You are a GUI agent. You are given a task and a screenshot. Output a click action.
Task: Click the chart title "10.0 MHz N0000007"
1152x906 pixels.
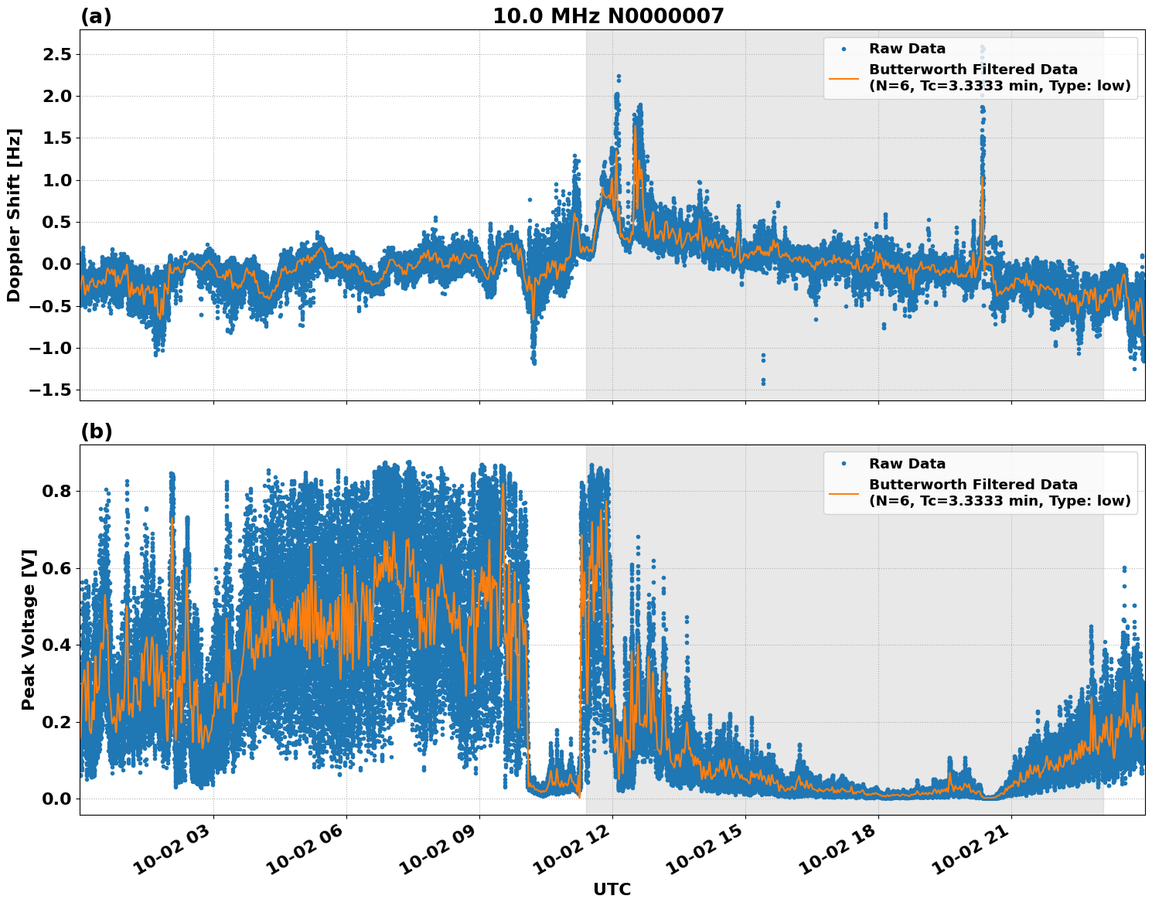point(608,16)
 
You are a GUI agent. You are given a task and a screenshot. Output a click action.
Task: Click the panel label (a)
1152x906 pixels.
point(96,16)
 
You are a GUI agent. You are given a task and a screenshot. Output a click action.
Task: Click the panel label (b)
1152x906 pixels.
point(97,431)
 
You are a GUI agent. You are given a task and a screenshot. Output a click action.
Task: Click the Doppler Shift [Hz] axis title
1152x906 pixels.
point(14,215)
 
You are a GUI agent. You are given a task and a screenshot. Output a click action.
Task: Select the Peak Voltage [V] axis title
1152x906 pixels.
point(29,646)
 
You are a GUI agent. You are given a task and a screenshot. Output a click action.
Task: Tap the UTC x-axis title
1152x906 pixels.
point(612,889)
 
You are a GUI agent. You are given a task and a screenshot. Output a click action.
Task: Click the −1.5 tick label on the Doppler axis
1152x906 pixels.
point(50,390)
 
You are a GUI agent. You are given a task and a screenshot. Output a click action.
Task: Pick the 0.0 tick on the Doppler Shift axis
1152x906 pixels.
point(55,264)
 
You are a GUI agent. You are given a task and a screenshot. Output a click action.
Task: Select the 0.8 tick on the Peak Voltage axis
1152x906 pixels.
point(55,491)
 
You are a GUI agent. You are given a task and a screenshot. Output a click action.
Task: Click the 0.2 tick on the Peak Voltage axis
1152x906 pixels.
point(55,722)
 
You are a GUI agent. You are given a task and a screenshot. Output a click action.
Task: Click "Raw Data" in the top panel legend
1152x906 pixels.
point(907,49)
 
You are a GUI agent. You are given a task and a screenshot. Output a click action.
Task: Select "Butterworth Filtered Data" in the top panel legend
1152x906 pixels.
point(973,70)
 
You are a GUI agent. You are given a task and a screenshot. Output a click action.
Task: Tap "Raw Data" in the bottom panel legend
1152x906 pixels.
point(907,464)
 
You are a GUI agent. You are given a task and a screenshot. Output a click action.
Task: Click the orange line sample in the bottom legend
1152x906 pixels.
point(844,492)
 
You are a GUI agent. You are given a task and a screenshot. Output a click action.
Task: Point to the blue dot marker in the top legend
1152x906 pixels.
point(844,49)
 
